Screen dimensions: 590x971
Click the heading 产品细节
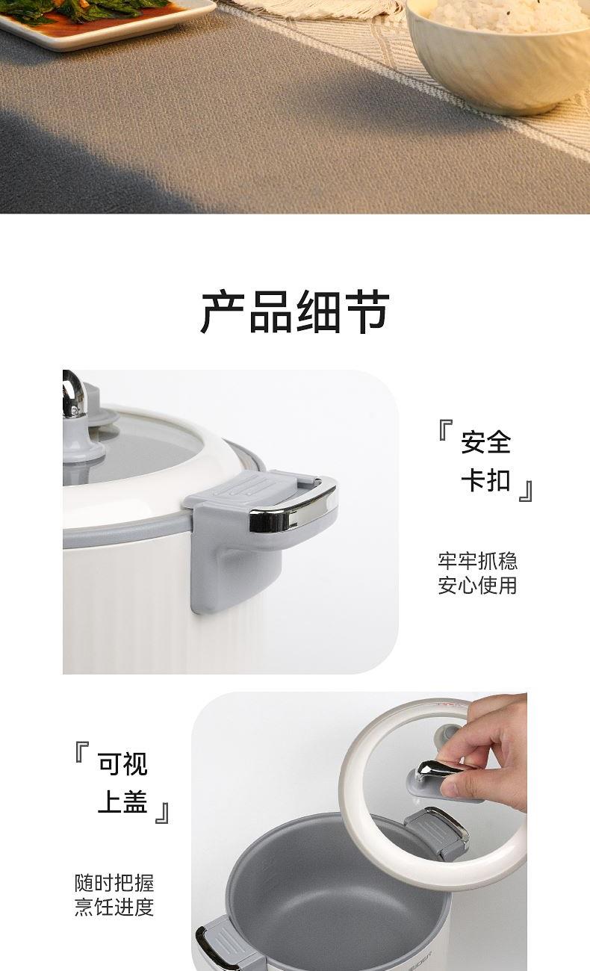pos(295,311)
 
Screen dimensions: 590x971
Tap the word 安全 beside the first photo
pos(485,441)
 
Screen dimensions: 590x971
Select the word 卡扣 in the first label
pos(485,480)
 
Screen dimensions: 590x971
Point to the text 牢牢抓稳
pos(477,560)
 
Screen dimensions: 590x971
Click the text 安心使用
pos(477,585)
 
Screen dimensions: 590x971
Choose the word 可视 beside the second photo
pos(122,763)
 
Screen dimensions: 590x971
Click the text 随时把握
pos(114,883)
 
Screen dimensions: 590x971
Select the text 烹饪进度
pos(114,907)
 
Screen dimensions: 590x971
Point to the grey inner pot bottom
pos(329,915)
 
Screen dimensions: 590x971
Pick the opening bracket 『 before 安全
pos(446,429)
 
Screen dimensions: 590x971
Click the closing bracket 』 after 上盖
pos(162,813)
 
